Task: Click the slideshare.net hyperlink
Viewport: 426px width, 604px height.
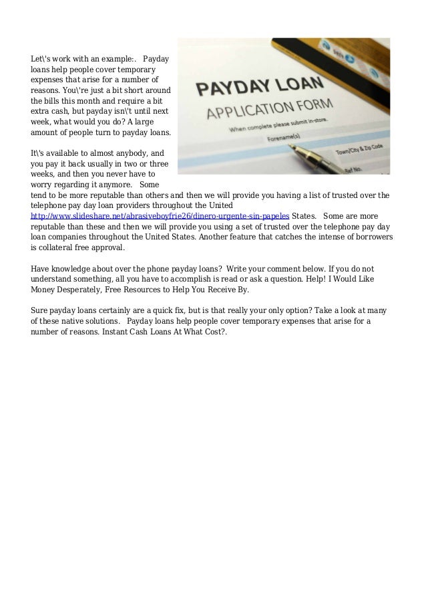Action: pyautogui.click(x=160, y=217)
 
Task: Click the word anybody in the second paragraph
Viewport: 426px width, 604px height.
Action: pyautogui.click(x=135, y=153)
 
